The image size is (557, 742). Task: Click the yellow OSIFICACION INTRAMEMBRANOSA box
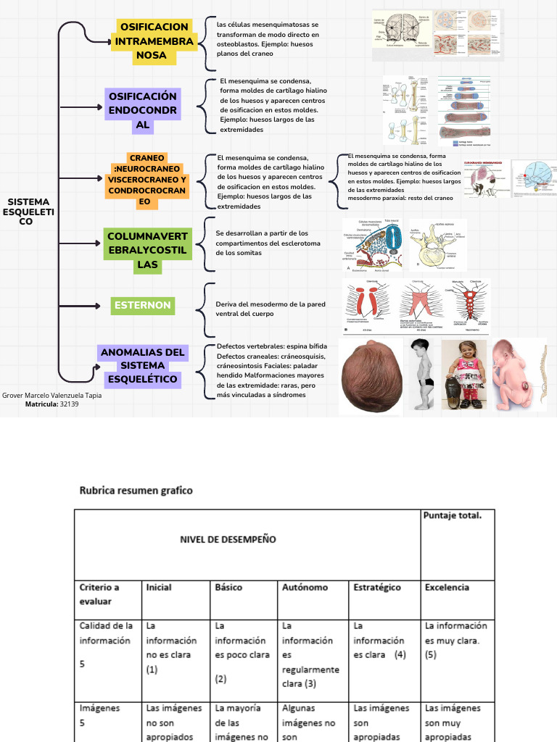tap(154, 41)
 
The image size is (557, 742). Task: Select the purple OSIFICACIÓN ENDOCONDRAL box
tap(143, 110)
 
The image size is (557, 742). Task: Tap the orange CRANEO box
tap(147, 179)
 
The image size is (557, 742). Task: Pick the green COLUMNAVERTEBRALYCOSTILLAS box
tap(147, 250)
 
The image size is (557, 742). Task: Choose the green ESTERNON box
tap(143, 305)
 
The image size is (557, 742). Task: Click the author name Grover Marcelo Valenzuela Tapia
tap(52, 396)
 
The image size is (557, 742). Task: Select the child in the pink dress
tap(463, 377)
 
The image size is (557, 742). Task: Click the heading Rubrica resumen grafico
tap(136, 491)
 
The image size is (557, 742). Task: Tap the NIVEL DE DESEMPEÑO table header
tap(228, 539)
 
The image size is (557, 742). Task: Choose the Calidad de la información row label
tap(106, 633)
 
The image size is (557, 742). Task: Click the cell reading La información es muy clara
tap(455, 640)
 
